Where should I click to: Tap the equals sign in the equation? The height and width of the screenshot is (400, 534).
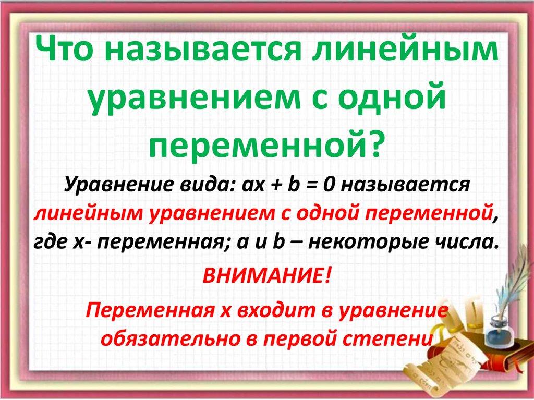(308, 185)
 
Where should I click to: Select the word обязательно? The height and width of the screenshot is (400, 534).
(172, 339)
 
